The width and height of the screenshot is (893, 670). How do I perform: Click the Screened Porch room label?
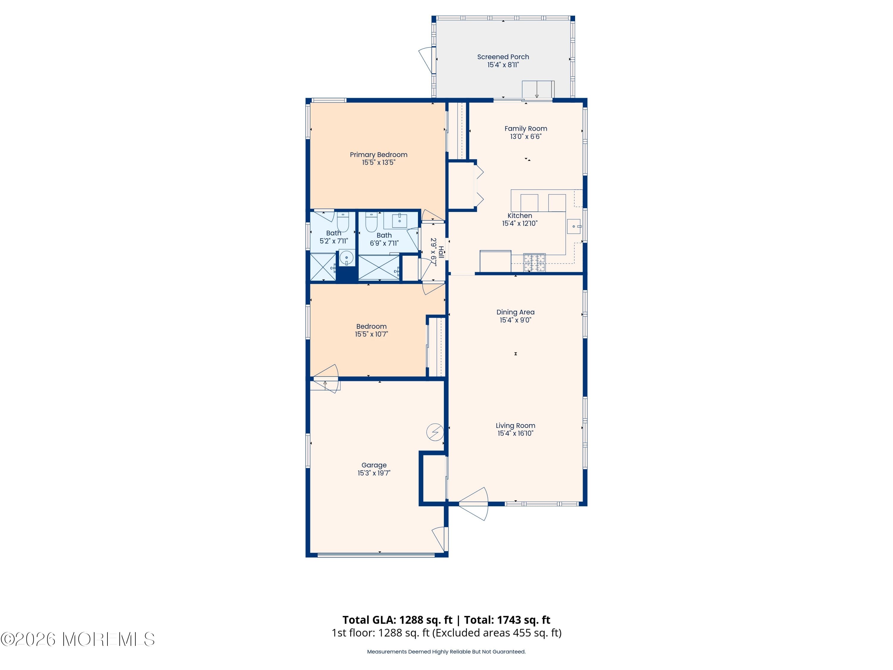(503, 57)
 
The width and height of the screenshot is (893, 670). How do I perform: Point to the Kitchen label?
(519, 216)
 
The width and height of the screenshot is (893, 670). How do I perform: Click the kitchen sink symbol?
(574, 226)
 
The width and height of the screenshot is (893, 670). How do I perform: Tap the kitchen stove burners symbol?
(535, 263)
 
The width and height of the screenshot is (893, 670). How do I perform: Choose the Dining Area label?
(516, 312)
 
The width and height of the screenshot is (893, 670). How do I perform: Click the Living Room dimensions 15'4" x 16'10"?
(516, 433)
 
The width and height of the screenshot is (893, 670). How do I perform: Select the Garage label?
(374, 465)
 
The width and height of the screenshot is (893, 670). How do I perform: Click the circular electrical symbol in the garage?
(435, 432)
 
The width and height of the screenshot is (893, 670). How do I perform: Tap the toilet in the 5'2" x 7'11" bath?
(343, 222)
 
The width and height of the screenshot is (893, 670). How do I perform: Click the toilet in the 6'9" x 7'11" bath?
(371, 222)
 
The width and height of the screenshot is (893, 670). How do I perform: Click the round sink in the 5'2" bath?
(346, 258)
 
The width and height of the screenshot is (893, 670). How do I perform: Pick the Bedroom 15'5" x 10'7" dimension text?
(371, 334)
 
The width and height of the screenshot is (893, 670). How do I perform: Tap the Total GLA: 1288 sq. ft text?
(397, 620)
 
